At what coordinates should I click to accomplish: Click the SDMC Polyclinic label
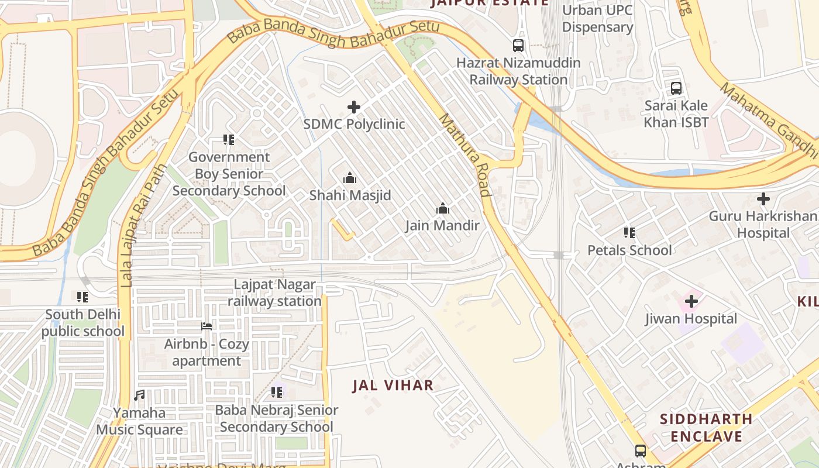tap(354, 124)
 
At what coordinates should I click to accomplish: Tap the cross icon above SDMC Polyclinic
tap(354, 107)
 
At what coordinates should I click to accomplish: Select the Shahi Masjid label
tap(350, 195)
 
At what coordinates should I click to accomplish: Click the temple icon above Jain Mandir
tap(443, 208)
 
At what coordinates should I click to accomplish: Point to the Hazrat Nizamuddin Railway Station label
tap(518, 71)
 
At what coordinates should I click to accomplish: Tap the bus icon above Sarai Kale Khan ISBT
tap(676, 88)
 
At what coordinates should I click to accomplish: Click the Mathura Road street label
tap(464, 154)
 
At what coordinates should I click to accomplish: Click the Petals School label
tap(629, 250)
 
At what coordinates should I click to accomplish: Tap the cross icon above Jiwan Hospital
tap(691, 302)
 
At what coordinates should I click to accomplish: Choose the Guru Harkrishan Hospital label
tap(763, 225)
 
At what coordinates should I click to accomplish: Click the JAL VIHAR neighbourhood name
tap(393, 386)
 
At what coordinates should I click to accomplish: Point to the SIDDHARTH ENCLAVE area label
tap(706, 428)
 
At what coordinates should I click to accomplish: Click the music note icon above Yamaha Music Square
tap(139, 395)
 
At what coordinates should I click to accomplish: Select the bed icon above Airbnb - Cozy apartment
tap(207, 326)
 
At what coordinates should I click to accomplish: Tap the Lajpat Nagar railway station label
tap(274, 293)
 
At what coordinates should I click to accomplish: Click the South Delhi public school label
tap(82, 323)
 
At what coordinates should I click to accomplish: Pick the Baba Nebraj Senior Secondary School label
tap(277, 418)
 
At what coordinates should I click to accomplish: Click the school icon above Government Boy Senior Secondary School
tap(229, 140)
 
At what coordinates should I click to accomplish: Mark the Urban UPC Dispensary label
tap(597, 19)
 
